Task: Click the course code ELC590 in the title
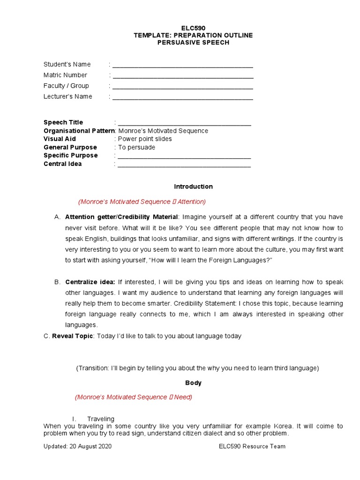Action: [193, 28]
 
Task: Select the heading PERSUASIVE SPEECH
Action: [193, 43]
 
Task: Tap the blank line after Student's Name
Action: [183, 66]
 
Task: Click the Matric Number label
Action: [65, 75]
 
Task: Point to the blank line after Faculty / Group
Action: [183, 87]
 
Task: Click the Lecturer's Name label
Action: [68, 97]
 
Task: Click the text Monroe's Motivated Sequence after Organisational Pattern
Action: [163, 131]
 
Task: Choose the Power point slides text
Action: [145, 139]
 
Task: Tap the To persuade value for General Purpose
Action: [136, 147]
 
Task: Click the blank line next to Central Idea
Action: [184, 165]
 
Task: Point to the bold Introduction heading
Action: [193, 187]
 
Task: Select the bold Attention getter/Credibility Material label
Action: [121, 217]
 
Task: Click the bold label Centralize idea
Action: [90, 282]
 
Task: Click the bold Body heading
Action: [193, 383]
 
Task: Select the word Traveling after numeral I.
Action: [101, 419]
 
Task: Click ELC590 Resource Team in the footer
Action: [252, 446]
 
